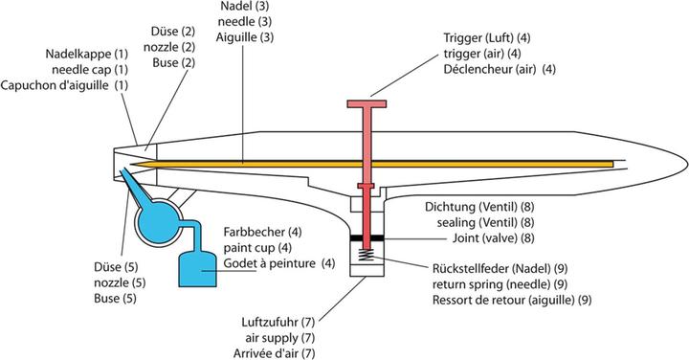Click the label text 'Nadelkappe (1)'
(x=86, y=53)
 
